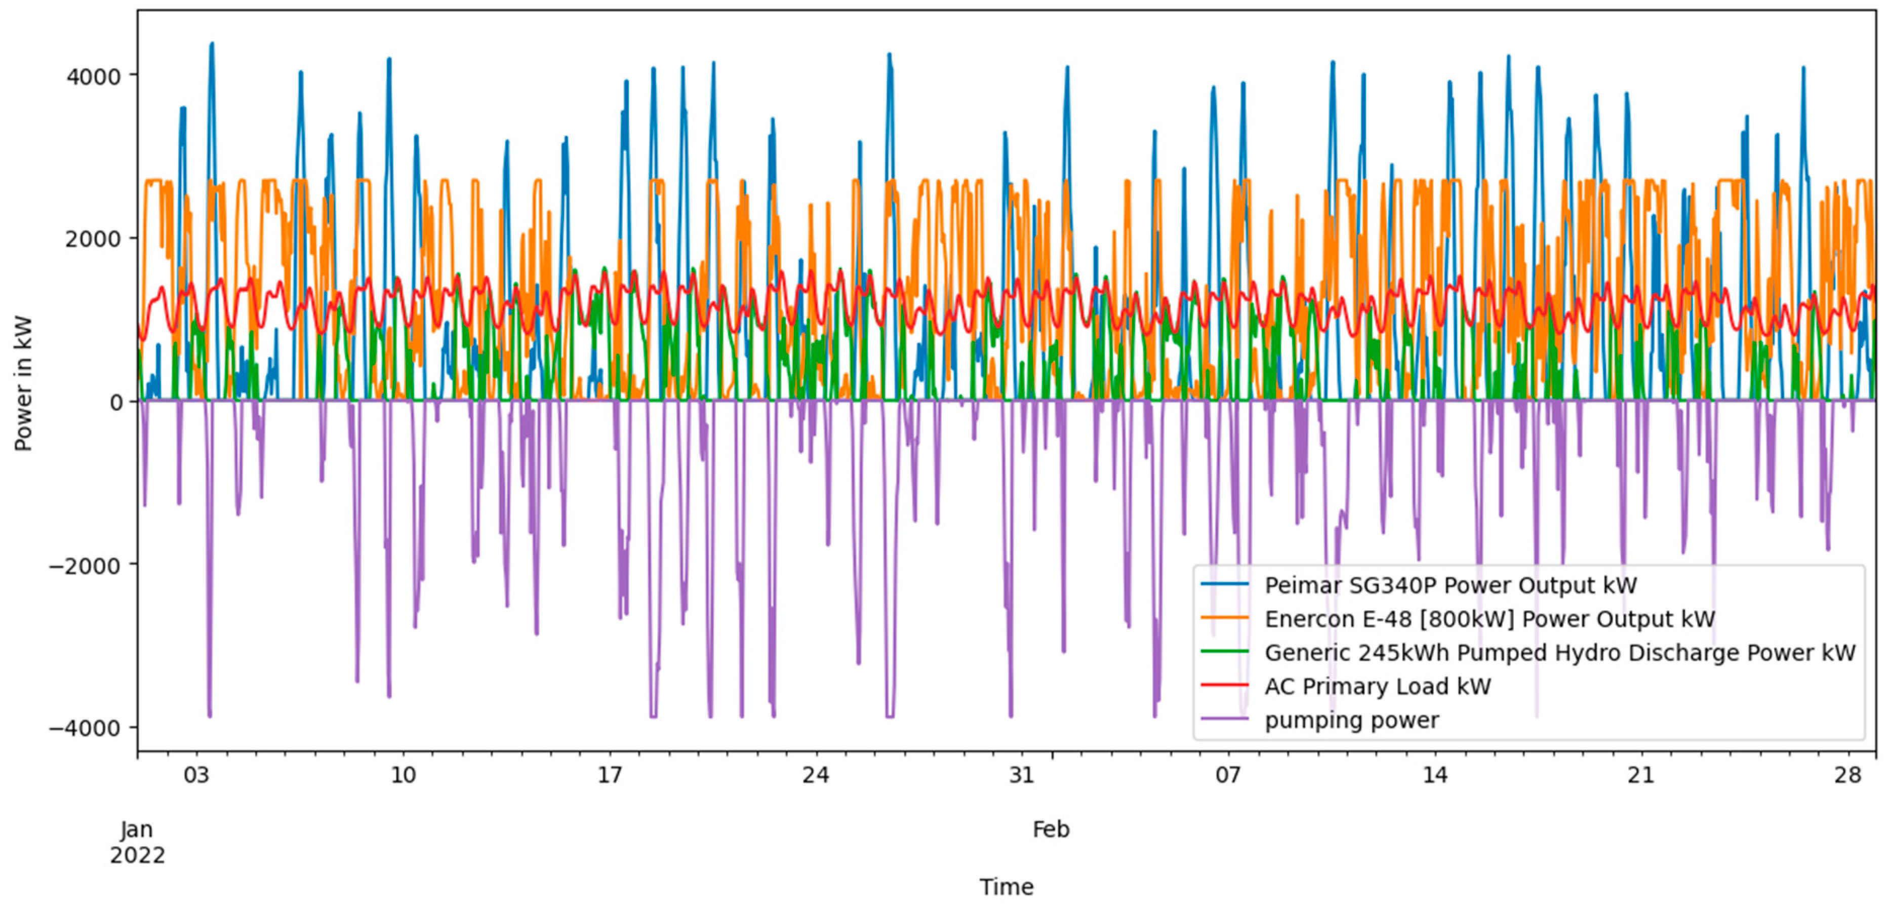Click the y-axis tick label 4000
[x=93, y=76]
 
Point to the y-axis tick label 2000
[x=93, y=239]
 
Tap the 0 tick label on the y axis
[x=116, y=402]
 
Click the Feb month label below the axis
[x=1051, y=830]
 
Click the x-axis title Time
[x=1006, y=887]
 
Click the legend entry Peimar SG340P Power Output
[x=1450, y=585]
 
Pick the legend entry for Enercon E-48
[x=1489, y=619]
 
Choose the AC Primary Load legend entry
[x=1377, y=687]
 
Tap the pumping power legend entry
[x=1351, y=720]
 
